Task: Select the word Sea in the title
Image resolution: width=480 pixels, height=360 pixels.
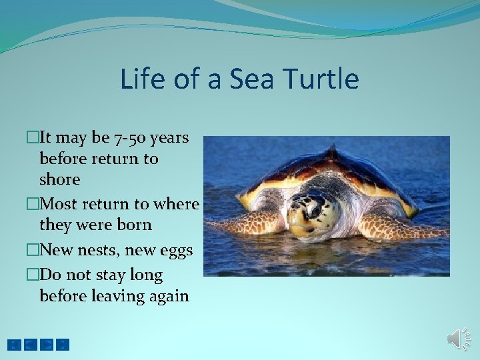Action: click(251, 79)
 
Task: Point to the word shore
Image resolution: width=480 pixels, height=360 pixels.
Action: click(60, 179)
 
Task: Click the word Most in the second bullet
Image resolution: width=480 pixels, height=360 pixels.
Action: click(57, 204)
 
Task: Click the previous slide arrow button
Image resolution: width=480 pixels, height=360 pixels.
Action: click(31, 345)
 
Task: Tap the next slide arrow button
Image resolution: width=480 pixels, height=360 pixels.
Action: click(47, 345)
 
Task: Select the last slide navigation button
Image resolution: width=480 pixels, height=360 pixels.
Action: click(63, 345)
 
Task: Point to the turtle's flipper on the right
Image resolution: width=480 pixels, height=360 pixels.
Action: click(400, 227)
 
